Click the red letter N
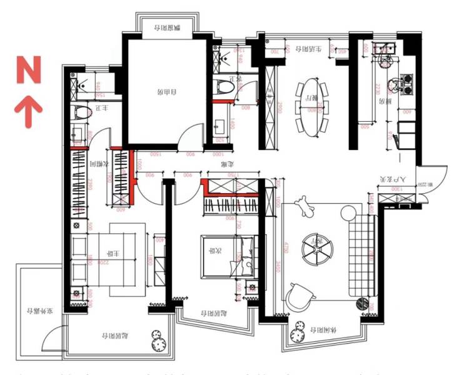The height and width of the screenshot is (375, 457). (29, 70)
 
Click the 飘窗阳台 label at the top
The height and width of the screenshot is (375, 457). (169, 27)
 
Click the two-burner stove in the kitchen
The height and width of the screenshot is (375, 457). (401, 84)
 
